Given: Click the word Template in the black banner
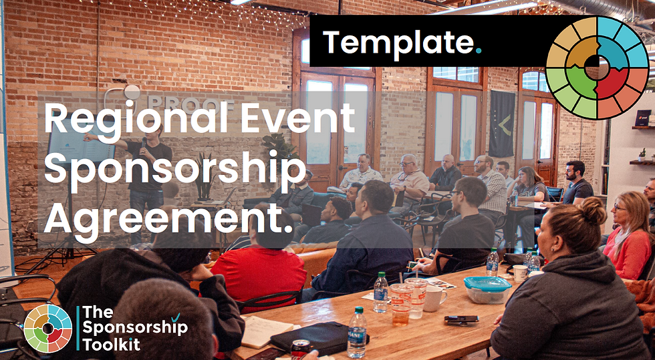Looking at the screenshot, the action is tap(398, 43).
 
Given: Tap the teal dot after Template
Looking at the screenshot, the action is tap(479, 51).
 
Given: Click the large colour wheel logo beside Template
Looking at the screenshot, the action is tap(597, 67).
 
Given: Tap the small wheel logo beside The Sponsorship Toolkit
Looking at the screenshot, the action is tap(47, 328).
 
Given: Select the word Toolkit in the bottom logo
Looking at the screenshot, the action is tap(111, 345).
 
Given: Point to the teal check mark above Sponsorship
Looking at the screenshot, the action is tap(175, 318).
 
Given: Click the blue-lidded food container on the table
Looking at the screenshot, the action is tap(487, 289).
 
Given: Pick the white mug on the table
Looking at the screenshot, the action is tap(434, 299).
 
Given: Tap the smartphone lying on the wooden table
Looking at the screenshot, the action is tap(461, 319).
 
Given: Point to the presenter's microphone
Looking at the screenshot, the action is tap(144, 142).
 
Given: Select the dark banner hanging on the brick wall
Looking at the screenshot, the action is tap(502, 124).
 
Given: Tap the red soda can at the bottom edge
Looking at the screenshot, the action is tap(301, 349).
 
